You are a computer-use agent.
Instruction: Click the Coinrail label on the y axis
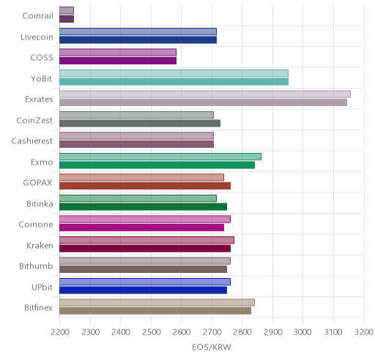pyautogui.click(x=37, y=15)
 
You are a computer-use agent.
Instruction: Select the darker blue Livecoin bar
pyautogui.click(x=138, y=40)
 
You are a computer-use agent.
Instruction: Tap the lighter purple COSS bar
pyautogui.click(x=118, y=53)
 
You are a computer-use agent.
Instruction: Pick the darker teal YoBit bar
pyautogui.click(x=174, y=81)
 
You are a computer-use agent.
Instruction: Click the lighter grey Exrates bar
pyautogui.click(x=205, y=94)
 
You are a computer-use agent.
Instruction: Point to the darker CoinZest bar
pyautogui.click(x=140, y=123)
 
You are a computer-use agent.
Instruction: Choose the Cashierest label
pyautogui.click(x=32, y=140)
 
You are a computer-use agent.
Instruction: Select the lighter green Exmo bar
pyautogui.click(x=160, y=157)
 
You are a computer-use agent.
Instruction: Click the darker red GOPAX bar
pyautogui.click(x=145, y=186)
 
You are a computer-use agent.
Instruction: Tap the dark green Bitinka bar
pyautogui.click(x=143, y=206)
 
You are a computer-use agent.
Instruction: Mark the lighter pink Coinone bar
pyautogui.click(x=145, y=220)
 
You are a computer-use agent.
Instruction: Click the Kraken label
pyautogui.click(x=40, y=245)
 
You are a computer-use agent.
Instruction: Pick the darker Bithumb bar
pyautogui.click(x=143, y=269)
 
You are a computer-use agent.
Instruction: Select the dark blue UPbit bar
pyautogui.click(x=143, y=290)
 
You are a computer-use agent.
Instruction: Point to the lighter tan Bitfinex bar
pyautogui.click(x=157, y=303)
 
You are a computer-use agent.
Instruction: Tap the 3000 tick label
pyautogui.click(x=302, y=332)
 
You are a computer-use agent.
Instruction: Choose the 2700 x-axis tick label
pyautogui.click(x=212, y=332)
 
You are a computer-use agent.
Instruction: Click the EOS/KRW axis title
pyautogui.click(x=212, y=347)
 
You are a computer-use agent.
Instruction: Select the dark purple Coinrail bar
pyautogui.click(x=67, y=19)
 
